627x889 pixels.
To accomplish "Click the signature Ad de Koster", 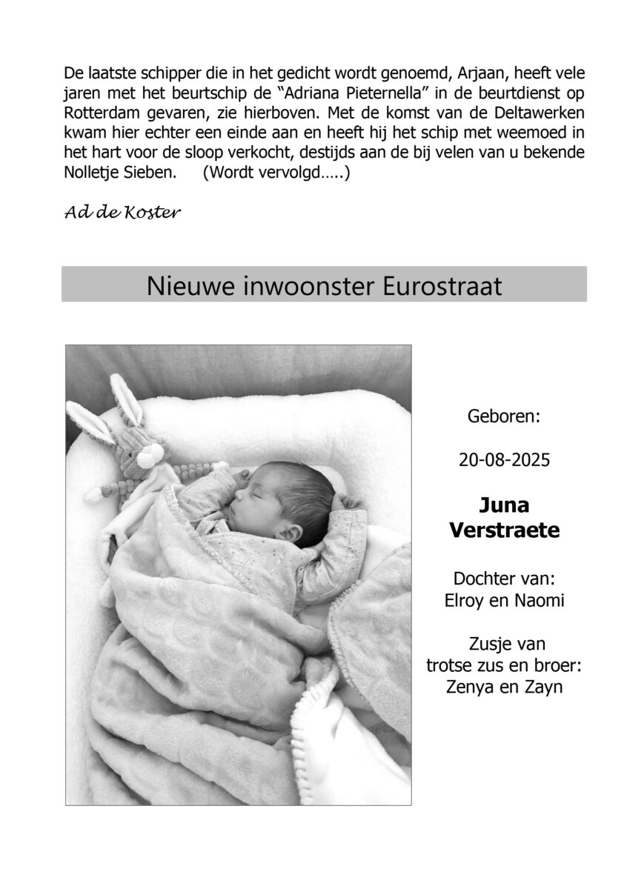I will [122, 213].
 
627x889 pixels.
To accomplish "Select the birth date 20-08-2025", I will [504, 460].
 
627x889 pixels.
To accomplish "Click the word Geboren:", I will [504, 416].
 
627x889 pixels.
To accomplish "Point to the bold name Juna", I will [504, 506].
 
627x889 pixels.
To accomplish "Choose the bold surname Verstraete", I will [504, 530].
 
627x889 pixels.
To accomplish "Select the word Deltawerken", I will [535, 116].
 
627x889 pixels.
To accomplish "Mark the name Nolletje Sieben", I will [121, 173].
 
